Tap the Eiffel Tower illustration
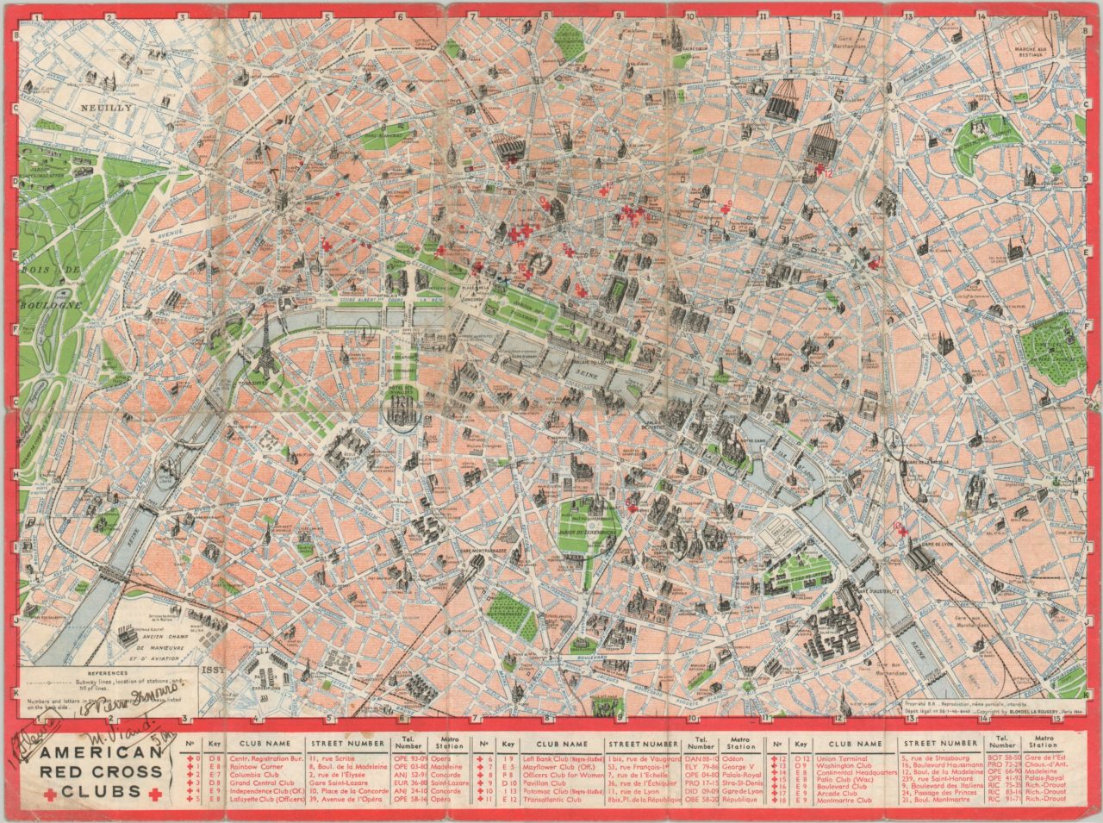coord(267,345)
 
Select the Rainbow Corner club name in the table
coord(255,766)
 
